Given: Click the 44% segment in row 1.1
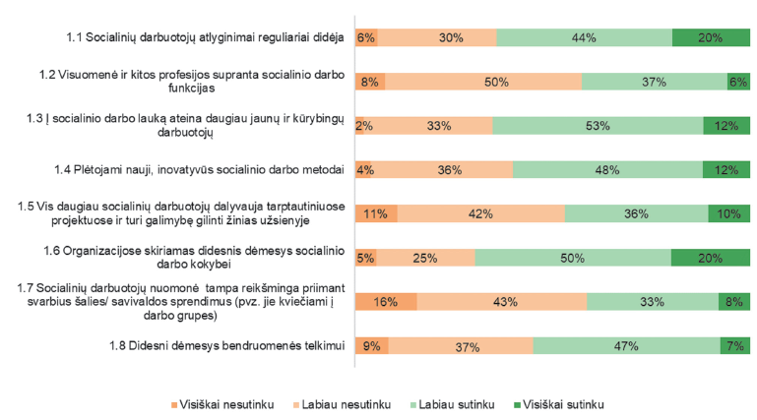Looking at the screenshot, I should click(584, 38).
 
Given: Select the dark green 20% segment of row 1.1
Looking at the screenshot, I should click(711, 38).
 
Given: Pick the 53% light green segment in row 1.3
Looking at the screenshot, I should click(598, 126).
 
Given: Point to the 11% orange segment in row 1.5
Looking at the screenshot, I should click(376, 213).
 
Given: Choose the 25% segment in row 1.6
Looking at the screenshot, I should click(425, 258).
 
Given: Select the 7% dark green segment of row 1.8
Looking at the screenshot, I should click(735, 346).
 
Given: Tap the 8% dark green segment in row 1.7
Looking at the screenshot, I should click(734, 301).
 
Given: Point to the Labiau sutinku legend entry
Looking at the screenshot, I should click(460, 404).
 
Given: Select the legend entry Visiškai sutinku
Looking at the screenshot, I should click(563, 404).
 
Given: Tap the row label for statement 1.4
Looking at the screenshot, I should click(212, 169).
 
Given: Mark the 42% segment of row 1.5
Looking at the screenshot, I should click(480, 213).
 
